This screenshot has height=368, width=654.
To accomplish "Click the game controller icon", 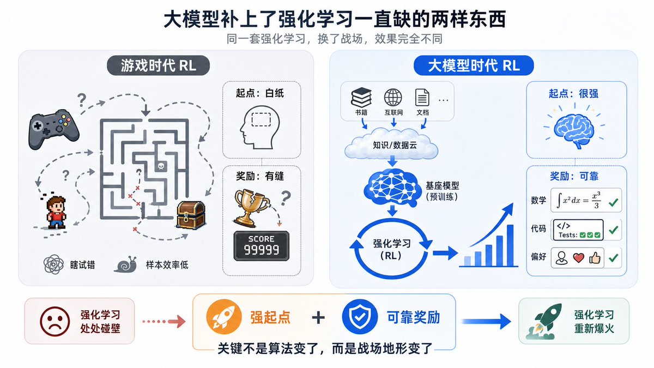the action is (x=53, y=129).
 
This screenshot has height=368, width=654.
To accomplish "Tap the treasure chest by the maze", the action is (x=191, y=215).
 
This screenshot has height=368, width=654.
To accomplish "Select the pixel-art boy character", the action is (x=56, y=212).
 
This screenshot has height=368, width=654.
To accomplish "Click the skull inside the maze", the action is (x=161, y=166).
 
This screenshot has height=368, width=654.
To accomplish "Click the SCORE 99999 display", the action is (x=261, y=246).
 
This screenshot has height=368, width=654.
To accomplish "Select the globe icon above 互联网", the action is (x=393, y=98).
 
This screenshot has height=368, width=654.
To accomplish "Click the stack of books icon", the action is (x=361, y=97).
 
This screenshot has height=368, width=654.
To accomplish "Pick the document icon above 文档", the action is (x=422, y=98).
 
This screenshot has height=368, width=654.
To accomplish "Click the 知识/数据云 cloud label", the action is (x=395, y=145).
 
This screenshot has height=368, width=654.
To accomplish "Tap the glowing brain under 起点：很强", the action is (x=574, y=130).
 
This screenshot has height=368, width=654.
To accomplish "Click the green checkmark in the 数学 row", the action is (x=613, y=202).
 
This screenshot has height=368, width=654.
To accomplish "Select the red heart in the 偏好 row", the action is (x=578, y=258).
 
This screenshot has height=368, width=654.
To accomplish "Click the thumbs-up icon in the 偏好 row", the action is (x=595, y=257).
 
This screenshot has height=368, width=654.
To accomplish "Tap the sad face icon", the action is (x=55, y=321).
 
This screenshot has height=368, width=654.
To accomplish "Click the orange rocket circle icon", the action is (x=224, y=317).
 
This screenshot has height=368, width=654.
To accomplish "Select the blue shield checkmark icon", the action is (x=359, y=317).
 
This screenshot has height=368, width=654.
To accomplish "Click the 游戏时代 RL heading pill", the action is (x=159, y=65).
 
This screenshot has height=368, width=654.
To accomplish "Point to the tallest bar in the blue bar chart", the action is (x=510, y=245).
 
